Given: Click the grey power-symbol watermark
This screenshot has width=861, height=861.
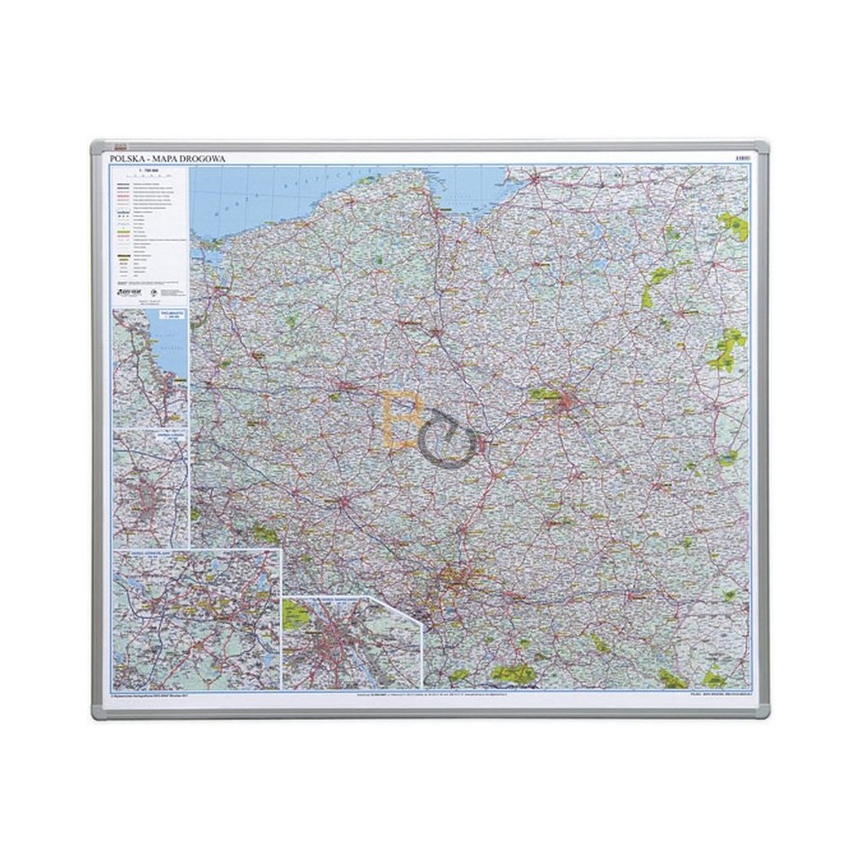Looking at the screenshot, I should coord(452,439).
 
